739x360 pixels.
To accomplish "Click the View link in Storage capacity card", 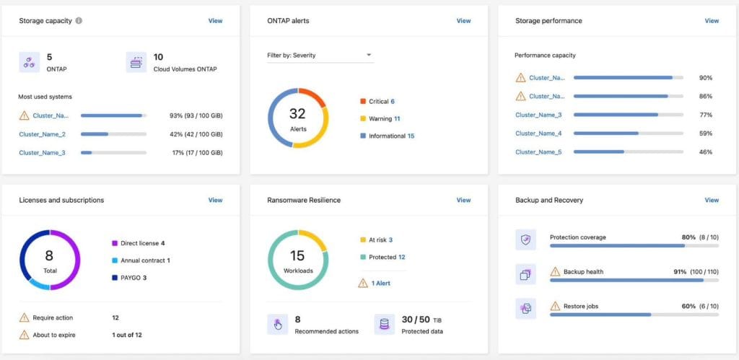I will (x=215, y=21).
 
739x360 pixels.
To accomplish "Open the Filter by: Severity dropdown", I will (x=320, y=56).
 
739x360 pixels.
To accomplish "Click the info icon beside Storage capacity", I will (x=79, y=21).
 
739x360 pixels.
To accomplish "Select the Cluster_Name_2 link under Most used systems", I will (x=43, y=134).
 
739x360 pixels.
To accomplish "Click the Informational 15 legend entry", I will (x=390, y=136).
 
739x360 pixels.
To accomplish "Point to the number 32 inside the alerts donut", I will (x=298, y=113).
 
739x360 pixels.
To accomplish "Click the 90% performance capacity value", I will (x=706, y=78).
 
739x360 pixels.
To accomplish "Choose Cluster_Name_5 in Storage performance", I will (x=538, y=152).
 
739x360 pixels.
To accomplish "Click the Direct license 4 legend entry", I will (x=142, y=243).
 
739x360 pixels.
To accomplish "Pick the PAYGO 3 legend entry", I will (x=134, y=278).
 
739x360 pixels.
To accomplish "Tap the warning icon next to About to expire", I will (x=25, y=335).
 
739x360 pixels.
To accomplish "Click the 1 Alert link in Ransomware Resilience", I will (x=380, y=284).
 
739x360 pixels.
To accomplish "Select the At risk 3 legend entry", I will (x=380, y=240).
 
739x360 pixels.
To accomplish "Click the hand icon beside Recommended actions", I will (x=277, y=325).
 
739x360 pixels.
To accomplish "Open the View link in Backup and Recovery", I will (x=712, y=200).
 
